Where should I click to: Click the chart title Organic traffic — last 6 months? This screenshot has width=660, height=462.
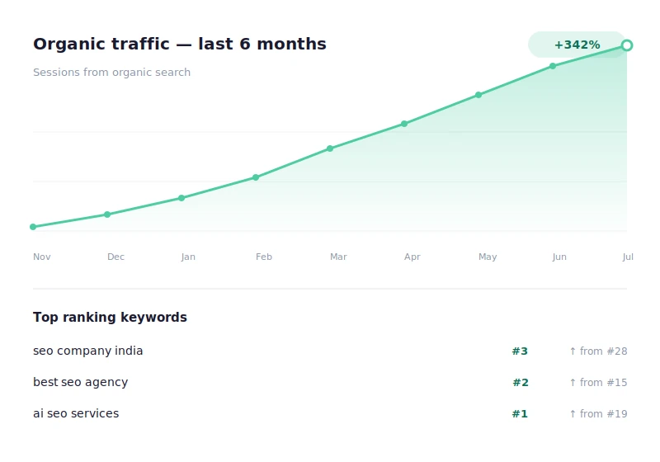(x=179, y=45)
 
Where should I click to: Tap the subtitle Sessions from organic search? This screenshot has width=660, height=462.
(x=111, y=73)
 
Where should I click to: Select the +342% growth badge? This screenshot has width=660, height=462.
(x=577, y=45)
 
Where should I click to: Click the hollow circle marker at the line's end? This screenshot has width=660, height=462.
(x=627, y=45)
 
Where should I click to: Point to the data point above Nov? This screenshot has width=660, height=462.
(x=33, y=227)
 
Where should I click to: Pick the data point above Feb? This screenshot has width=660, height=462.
(x=256, y=177)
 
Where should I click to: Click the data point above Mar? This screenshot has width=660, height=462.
(x=330, y=148)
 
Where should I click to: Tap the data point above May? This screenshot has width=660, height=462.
(x=478, y=95)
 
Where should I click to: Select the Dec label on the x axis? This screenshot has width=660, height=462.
(x=115, y=257)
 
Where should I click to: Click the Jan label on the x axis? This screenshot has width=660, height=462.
(x=188, y=257)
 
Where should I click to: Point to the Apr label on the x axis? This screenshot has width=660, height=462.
(x=412, y=257)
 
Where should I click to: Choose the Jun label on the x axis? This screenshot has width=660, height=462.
(x=559, y=257)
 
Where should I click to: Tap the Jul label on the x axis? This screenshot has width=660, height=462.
(x=628, y=257)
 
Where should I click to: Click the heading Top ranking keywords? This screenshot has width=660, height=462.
(x=110, y=318)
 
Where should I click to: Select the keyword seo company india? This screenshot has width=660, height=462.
(x=87, y=351)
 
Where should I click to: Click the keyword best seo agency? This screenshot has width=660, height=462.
(x=80, y=383)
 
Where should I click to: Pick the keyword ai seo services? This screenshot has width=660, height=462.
(x=76, y=414)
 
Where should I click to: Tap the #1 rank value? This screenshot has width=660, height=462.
(x=520, y=414)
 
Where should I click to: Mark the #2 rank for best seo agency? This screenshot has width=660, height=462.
(x=521, y=383)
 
